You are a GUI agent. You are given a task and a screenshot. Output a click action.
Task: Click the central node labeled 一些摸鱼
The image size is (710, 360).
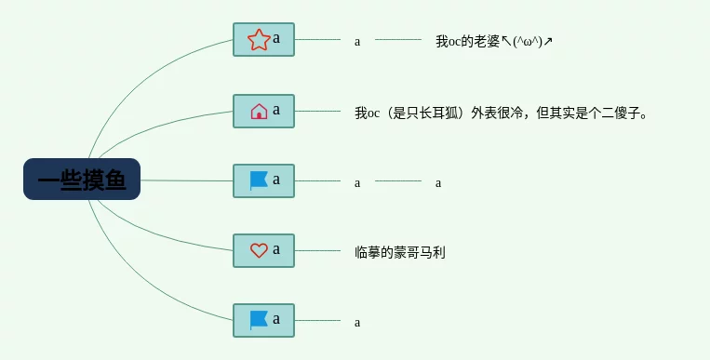[82, 179]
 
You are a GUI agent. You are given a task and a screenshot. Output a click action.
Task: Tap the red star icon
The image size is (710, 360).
[259, 40]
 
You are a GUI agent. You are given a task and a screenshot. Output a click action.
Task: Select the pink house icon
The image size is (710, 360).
[259, 111]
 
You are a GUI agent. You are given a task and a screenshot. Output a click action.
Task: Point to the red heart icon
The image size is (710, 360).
[259, 250]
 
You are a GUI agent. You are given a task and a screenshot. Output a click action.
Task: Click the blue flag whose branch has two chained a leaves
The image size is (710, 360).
[259, 180]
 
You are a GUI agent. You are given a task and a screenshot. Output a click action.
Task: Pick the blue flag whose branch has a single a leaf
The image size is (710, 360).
[259, 320]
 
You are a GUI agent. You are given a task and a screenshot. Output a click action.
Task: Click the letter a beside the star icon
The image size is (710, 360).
[276, 38]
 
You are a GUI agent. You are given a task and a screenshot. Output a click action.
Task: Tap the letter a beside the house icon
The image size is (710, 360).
[276, 110]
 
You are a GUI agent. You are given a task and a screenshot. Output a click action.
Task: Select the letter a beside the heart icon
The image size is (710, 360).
[276, 249]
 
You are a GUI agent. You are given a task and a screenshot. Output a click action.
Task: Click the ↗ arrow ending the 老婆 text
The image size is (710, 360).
[548, 42]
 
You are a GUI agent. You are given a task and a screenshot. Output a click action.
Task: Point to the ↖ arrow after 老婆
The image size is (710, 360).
[507, 42]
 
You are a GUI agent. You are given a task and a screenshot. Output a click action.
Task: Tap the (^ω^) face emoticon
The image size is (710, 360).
[528, 42]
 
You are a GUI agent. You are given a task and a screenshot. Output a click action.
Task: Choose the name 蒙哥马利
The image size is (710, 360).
[420, 252]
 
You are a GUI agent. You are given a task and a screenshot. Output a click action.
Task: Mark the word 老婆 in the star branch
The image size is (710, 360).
[487, 41]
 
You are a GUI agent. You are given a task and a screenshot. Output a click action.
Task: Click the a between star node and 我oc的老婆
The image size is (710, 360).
[357, 42]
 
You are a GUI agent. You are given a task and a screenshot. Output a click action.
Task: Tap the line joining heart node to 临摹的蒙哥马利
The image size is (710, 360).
[317, 250]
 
